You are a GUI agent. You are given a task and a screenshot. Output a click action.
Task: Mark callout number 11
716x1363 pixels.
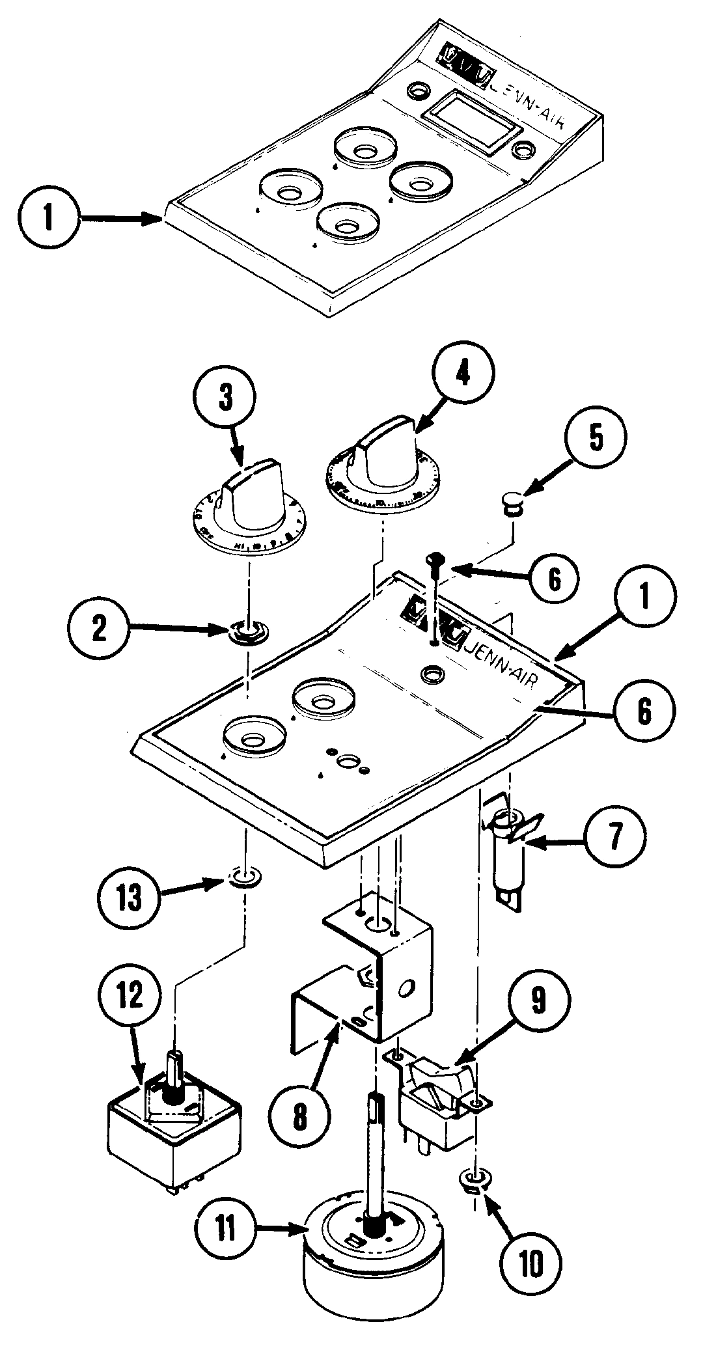[x=225, y=1228]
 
